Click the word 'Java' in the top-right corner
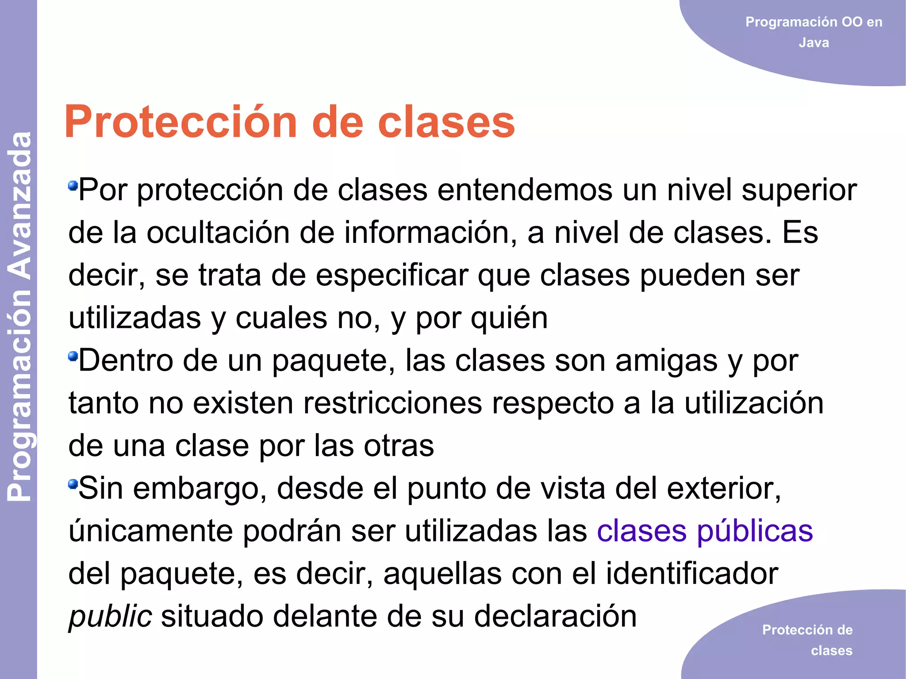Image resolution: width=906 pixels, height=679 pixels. coord(814,42)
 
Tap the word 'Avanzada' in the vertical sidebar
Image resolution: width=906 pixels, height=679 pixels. coord(19,206)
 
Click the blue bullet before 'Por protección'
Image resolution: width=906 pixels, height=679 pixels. coord(73,185)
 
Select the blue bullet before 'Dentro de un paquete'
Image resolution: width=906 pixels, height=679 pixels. coord(73,356)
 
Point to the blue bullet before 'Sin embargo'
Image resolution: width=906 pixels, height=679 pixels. coord(73,484)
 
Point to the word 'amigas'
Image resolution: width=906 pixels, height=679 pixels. coord(666,361)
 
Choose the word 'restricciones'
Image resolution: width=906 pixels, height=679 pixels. coord(337,403)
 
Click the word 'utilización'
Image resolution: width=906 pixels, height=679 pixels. coord(754,403)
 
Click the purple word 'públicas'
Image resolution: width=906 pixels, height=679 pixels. coord(755,531)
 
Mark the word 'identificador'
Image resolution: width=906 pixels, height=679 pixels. coord(692,573)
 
